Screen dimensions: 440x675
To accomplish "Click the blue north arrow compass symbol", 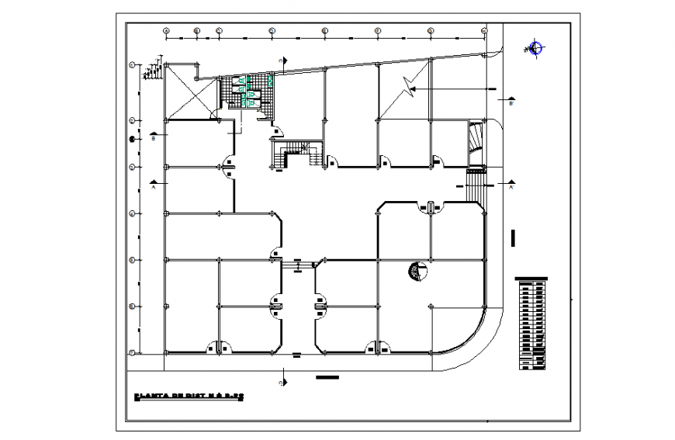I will click(534, 49).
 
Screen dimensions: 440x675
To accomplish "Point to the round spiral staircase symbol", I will click(417, 272).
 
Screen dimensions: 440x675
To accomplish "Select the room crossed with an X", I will click(190, 92).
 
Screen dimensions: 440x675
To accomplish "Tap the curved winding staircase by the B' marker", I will click(476, 140).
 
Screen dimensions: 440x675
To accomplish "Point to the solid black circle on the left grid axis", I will click(133, 140).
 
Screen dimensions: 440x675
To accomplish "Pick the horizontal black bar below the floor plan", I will click(327, 378).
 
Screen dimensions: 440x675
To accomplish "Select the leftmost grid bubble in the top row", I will click(166, 31).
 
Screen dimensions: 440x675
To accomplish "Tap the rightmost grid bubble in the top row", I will click(484, 31).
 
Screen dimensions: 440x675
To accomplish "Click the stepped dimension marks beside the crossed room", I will click(152, 70).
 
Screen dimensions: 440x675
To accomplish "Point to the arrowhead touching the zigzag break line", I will click(414, 90).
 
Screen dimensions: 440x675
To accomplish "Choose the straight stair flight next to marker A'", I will click(474, 182).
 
